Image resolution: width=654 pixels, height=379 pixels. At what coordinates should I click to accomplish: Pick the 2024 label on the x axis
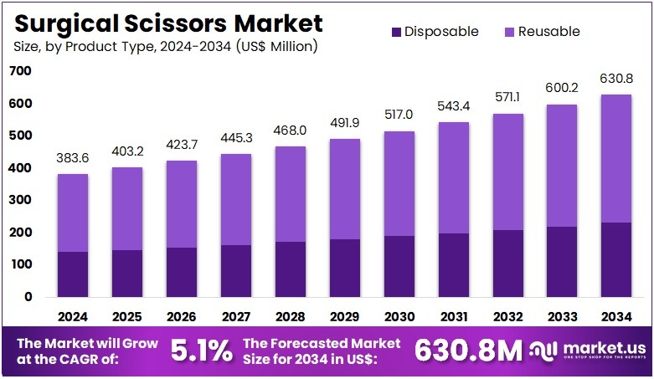73,317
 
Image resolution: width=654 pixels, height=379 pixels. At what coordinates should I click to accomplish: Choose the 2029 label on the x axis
345,317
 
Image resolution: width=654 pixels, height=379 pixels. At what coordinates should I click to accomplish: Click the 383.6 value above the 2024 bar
73,157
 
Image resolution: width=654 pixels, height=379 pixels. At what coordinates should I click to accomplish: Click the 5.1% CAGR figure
201,351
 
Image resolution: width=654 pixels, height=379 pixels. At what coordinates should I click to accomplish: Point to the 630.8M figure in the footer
468,351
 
